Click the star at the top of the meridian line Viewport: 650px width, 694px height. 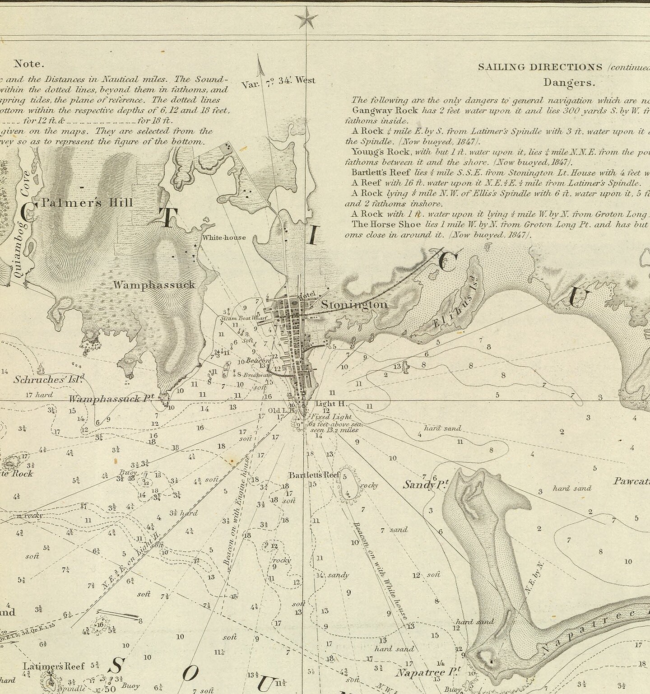[x=306, y=20]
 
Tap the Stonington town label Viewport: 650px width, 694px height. [x=354, y=305]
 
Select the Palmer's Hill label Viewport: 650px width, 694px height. [x=87, y=203]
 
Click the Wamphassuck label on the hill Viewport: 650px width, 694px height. [x=154, y=285]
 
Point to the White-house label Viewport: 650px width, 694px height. [x=224, y=238]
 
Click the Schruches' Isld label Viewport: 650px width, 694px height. [x=49, y=379]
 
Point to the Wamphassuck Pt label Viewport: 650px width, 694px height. [x=111, y=399]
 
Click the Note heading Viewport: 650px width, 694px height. [x=29, y=64]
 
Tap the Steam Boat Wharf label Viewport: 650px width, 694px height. [x=244, y=318]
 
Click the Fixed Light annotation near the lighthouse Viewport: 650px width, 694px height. [x=330, y=417]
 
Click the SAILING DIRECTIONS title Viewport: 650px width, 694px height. [x=540, y=67]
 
